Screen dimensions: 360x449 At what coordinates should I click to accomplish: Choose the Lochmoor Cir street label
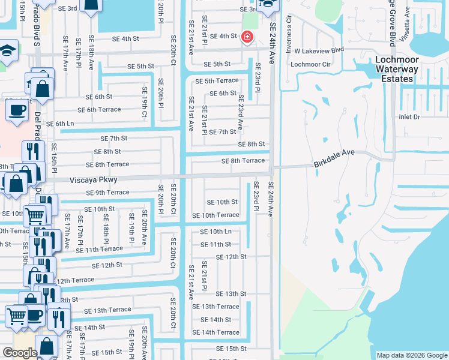pyautogui.click(x=310, y=64)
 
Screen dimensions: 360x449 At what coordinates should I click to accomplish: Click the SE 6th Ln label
pyautogui.click(x=60, y=124)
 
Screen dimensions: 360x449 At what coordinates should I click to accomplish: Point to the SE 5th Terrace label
pyautogui.click(x=217, y=80)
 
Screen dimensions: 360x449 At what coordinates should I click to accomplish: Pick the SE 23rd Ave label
pyautogui.click(x=240, y=112)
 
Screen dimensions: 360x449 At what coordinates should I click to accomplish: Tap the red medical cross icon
pyautogui.click(x=246, y=37)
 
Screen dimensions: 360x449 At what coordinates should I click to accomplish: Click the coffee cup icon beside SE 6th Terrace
pyautogui.click(x=16, y=109)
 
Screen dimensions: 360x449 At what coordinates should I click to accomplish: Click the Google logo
pyautogui.click(x=20, y=353)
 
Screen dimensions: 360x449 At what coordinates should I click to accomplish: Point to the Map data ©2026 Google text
pyautogui.click(x=411, y=355)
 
